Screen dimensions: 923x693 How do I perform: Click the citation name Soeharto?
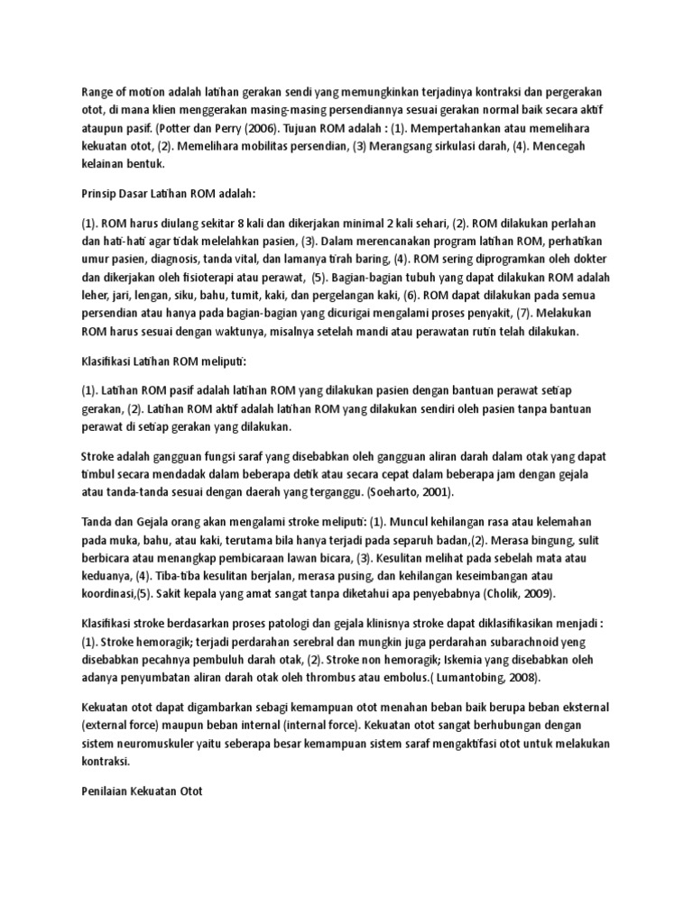click(x=399, y=492)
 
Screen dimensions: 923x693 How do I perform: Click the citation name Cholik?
click(x=504, y=593)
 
